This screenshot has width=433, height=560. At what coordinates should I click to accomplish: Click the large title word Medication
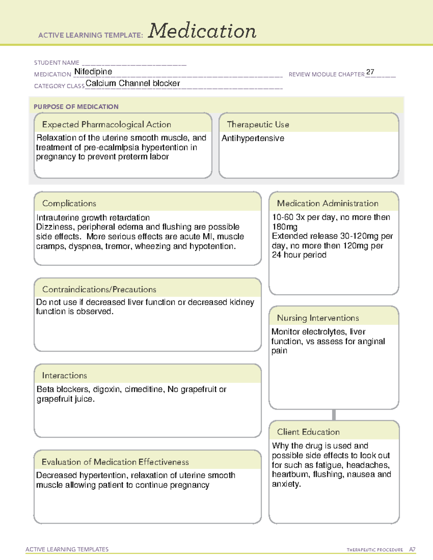(x=202, y=31)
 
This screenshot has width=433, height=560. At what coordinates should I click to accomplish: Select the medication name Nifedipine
(x=93, y=72)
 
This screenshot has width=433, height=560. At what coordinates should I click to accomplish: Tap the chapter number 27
(x=370, y=72)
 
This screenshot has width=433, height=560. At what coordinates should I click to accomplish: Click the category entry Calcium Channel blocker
(x=133, y=83)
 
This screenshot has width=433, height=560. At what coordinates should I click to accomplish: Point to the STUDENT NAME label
(x=57, y=63)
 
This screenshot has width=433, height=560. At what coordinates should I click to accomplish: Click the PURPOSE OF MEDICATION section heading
(x=76, y=107)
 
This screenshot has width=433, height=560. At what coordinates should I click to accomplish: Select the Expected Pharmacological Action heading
(x=106, y=125)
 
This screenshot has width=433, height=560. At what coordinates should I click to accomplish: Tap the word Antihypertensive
(x=253, y=138)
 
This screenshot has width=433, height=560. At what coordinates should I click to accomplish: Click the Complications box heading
(x=69, y=204)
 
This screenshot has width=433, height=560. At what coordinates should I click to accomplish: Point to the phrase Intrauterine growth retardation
(x=93, y=218)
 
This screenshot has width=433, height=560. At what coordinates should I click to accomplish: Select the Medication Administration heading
(x=328, y=204)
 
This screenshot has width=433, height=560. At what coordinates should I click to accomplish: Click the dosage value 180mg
(x=285, y=227)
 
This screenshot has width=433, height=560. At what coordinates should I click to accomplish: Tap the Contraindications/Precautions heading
(x=99, y=290)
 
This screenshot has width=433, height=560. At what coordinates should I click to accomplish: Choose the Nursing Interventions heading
(x=318, y=318)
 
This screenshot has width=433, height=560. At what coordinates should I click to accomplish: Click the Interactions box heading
(x=65, y=376)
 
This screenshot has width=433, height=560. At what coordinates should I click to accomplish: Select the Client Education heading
(x=309, y=432)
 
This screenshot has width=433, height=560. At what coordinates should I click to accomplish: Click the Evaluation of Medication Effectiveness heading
(x=115, y=462)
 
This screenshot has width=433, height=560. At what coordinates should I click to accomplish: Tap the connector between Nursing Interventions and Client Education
(x=334, y=415)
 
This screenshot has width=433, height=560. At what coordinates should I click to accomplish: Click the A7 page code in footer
(x=412, y=550)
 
